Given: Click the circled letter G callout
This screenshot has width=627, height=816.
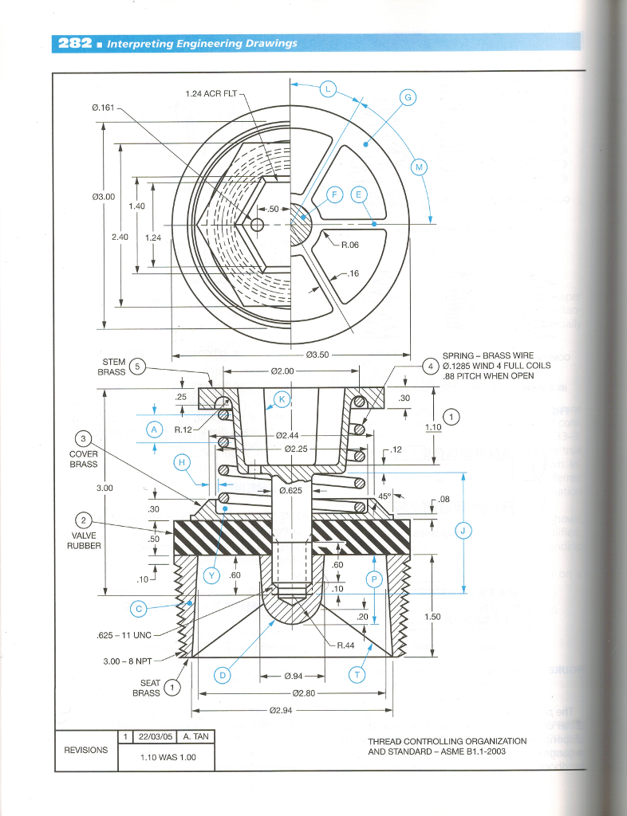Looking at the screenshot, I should [407, 97].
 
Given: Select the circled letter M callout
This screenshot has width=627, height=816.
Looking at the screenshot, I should [419, 167].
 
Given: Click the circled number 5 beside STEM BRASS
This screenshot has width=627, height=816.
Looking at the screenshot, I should [137, 367].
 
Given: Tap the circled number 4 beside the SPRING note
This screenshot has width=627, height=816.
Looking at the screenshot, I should [431, 367].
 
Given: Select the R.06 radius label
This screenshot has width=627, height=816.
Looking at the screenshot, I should [351, 245].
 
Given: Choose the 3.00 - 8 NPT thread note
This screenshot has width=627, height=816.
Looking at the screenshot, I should [128, 660].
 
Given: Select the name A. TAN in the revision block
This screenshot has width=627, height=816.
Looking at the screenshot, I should [195, 736].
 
